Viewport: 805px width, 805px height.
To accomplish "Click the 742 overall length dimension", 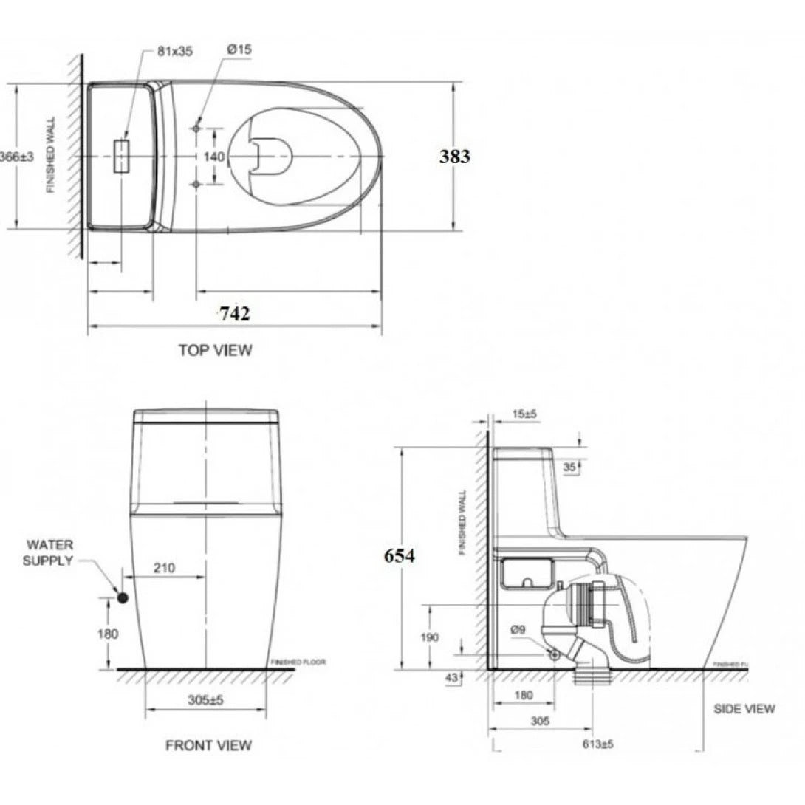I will click(234, 313).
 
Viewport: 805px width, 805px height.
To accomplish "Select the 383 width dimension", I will click(454, 157).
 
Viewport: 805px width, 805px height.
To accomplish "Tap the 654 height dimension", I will click(399, 556).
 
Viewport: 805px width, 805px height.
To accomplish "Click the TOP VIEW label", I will click(215, 350).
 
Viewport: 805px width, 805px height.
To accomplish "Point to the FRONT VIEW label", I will click(208, 745).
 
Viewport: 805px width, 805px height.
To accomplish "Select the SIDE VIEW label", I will click(744, 709).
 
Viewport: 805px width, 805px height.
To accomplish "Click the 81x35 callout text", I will click(174, 51).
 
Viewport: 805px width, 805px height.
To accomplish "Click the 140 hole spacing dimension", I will click(214, 157).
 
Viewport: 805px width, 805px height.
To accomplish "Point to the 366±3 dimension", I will click(16, 157).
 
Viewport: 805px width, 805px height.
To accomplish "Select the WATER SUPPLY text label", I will click(49, 553).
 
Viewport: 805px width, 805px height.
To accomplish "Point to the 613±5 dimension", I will click(597, 744).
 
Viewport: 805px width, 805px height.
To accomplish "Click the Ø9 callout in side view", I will click(518, 629).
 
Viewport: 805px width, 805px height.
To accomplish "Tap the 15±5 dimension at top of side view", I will click(524, 415).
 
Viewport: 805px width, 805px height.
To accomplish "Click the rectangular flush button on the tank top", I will click(121, 156).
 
